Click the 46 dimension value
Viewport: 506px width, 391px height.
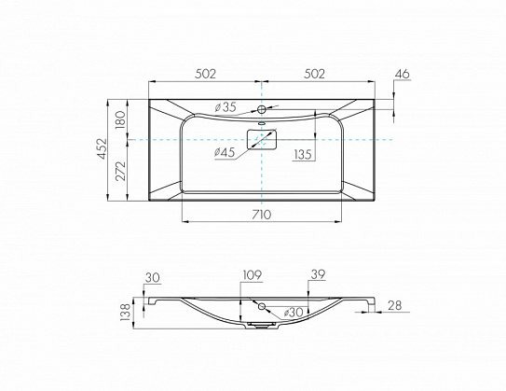[402, 74]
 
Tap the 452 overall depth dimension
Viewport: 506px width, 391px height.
[103, 148]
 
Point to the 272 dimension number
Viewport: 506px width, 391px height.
[120, 172]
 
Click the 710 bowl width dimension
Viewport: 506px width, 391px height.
[262, 215]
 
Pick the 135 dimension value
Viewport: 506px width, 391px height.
[304, 155]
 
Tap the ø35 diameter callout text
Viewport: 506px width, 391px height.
[226, 107]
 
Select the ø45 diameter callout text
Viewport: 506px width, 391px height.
[225, 152]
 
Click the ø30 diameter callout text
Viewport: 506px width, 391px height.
[294, 313]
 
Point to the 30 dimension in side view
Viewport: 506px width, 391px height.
[153, 277]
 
